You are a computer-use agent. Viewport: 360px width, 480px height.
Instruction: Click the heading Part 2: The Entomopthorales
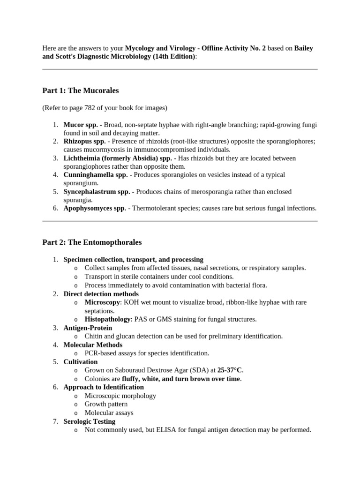(92, 242)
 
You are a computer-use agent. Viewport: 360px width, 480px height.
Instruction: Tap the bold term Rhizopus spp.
(84, 142)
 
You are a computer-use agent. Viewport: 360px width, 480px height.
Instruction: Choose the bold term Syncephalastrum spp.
(97, 192)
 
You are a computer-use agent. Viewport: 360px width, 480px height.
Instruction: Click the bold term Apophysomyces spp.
(95, 208)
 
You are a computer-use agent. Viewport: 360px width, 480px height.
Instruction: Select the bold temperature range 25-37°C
(230, 370)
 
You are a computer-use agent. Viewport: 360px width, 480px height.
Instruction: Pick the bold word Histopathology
(107, 319)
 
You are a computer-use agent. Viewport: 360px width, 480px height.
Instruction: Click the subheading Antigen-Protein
(88, 328)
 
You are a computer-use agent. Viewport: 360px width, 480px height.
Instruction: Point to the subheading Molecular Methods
(93, 345)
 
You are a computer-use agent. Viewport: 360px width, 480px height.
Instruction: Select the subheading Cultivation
(81, 362)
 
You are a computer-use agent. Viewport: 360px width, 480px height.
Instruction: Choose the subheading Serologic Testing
(90, 421)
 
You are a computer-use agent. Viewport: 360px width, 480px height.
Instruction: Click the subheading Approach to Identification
(104, 387)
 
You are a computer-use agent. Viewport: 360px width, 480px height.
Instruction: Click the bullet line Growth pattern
(106, 404)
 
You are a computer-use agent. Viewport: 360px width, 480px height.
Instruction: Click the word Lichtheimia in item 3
(82, 158)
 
